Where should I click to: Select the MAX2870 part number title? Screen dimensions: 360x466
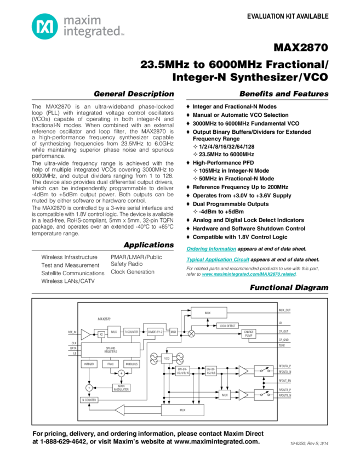coord(301,48)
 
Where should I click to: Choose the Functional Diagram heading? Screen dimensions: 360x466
coord(289,288)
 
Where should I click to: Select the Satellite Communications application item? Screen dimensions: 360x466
coord(72,272)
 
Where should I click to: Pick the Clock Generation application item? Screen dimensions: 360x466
coord(133,271)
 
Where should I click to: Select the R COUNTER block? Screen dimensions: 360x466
coord(132,332)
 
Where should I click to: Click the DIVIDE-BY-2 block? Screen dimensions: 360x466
coord(156,332)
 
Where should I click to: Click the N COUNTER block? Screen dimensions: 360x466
coord(89,400)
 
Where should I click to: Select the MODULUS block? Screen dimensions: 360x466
coord(130,364)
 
